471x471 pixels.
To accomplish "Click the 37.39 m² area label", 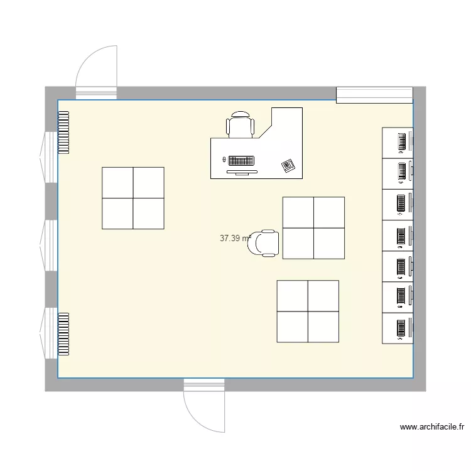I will click(x=235, y=239).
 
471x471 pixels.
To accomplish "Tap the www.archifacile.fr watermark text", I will click(x=433, y=427).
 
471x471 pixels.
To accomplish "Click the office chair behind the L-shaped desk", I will click(x=241, y=124).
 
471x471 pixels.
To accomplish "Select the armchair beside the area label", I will click(x=264, y=243).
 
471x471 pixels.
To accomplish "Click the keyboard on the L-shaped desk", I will click(x=241, y=160).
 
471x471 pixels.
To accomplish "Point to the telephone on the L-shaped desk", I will click(x=288, y=165).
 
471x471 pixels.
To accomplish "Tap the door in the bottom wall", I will click(x=204, y=404).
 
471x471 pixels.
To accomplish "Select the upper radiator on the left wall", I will click(x=63, y=133).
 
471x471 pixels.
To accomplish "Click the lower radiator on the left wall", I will click(x=63, y=333).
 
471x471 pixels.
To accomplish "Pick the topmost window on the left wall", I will click(x=48, y=157).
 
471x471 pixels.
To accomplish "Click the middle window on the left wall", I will click(x=48, y=245).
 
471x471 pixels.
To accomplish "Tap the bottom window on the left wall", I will click(x=48, y=333).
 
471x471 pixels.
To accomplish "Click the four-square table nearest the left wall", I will click(x=133, y=198).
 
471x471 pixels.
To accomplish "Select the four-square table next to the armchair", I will click(x=313, y=227).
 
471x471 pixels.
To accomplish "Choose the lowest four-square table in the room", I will click(x=308, y=311).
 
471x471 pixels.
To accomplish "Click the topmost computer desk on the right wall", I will click(x=398, y=142).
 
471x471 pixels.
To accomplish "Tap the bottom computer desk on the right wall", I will click(x=398, y=328).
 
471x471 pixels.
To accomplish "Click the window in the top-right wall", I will click(x=374, y=95).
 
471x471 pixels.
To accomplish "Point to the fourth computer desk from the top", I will click(x=398, y=235).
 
